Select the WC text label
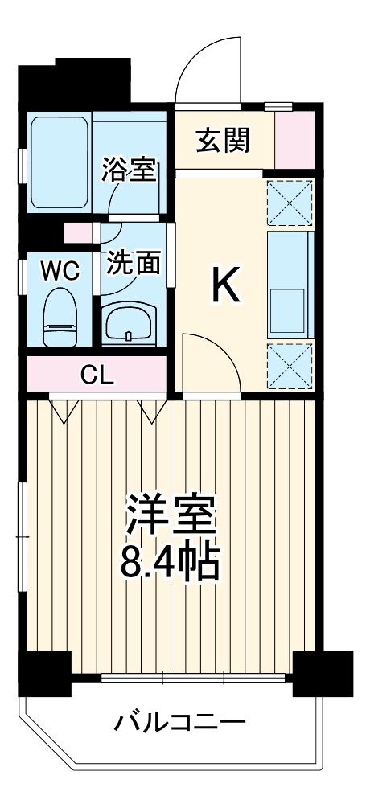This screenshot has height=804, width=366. coord(60,271)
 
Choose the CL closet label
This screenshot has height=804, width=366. coord(97,374)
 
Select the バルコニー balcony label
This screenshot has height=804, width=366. coord(179,721)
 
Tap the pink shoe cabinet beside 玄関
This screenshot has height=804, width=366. coord(294,140)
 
